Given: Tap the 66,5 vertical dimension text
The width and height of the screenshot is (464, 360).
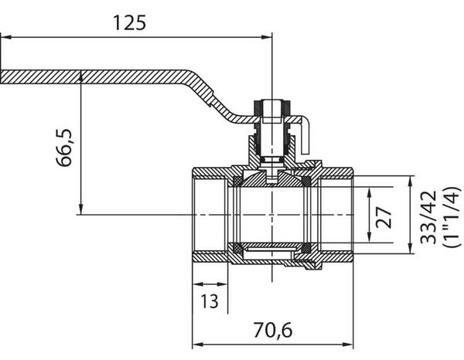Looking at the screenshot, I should pos(65,147).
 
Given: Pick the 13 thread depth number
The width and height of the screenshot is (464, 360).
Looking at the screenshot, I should pos(209,300).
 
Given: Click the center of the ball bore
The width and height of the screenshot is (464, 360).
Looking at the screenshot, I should pos(272,214).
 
